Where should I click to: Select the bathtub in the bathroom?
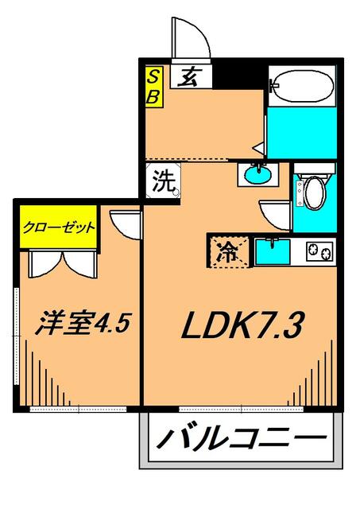[x=300, y=88]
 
